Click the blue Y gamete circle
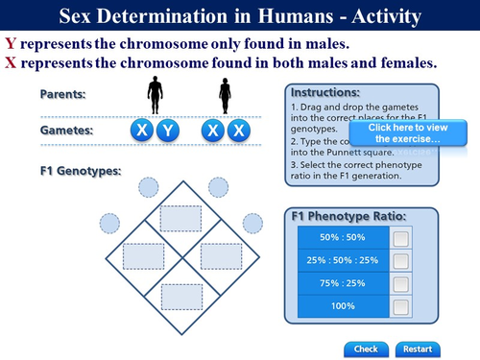[167, 131]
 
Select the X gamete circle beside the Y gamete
[142, 131]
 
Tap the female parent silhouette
[225, 96]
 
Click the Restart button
[416, 348]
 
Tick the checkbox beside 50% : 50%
[401, 238]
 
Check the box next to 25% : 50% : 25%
[401, 260]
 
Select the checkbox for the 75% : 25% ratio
[401, 283]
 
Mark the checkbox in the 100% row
[401, 305]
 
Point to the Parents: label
[62, 94]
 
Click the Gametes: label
[65, 130]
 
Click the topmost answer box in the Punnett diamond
[180, 219]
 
